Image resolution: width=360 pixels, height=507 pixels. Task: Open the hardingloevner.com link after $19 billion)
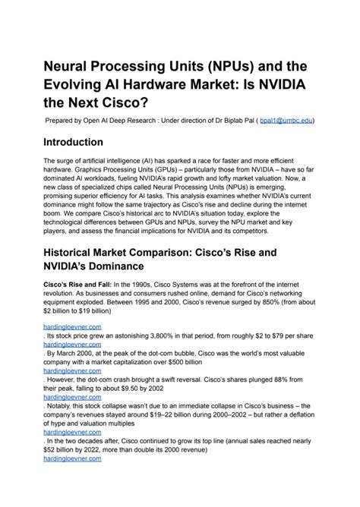[73, 325]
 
